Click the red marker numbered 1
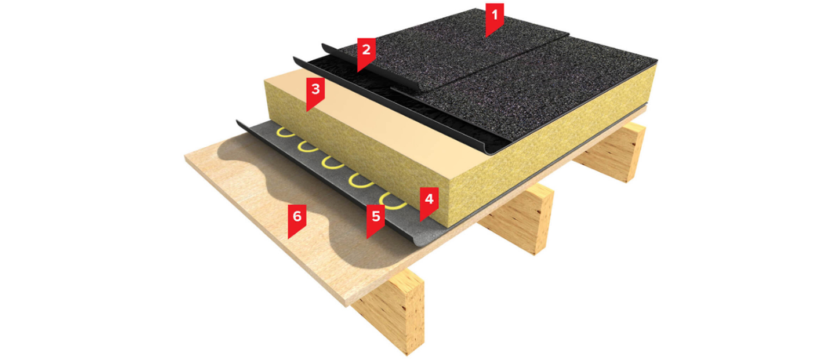point(494,18)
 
